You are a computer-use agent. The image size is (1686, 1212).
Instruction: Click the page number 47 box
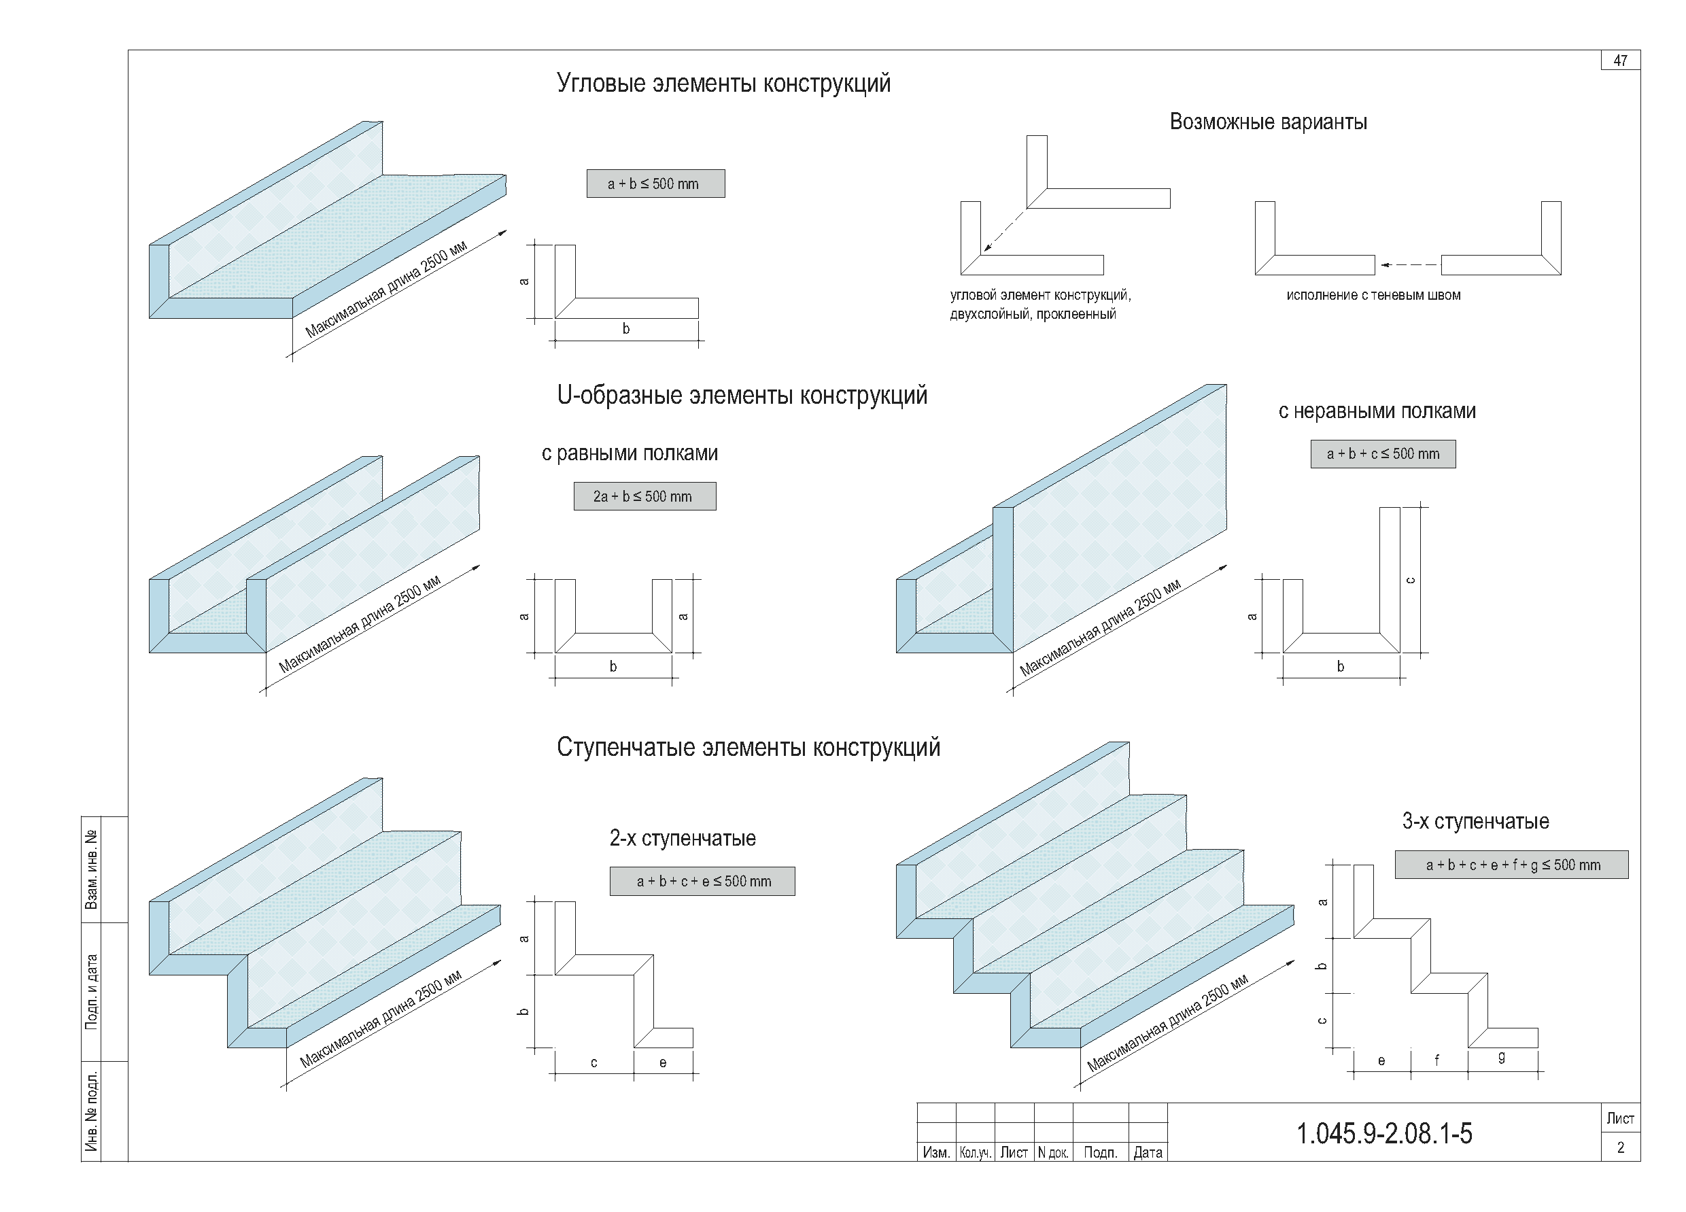tap(1620, 60)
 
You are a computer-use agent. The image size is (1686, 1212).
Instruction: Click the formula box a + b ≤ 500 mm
tap(655, 184)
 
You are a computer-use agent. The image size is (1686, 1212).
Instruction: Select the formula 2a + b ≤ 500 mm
tap(644, 496)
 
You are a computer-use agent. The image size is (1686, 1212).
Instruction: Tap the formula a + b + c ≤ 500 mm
tap(1383, 454)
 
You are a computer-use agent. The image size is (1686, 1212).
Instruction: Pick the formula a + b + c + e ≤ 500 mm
tap(702, 882)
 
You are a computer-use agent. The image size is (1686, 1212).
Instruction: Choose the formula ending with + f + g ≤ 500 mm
tap(1511, 865)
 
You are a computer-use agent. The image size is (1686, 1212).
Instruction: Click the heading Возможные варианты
tap(1267, 122)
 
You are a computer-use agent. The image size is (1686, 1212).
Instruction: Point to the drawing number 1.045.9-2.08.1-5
tap(1383, 1134)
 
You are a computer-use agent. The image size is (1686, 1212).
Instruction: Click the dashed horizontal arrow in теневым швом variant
tap(1408, 264)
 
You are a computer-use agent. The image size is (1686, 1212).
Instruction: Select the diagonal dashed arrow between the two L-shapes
tap(1004, 230)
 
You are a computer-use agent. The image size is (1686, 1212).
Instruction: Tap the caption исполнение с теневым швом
tap(1373, 295)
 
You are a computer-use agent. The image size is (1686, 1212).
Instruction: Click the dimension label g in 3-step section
tap(1502, 1057)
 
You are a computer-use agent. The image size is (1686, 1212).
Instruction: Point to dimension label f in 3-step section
tap(1436, 1060)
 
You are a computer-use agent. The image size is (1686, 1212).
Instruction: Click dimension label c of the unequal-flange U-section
tap(1410, 581)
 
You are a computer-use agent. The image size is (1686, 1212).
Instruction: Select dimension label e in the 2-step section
tap(662, 1062)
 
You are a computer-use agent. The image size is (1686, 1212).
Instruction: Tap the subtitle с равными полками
tap(629, 453)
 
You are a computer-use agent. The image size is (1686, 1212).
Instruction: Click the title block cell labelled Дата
tap(1147, 1153)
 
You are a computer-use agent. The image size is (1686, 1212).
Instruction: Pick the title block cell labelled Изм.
tap(935, 1153)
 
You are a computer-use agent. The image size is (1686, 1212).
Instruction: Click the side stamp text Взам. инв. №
tap(91, 869)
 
